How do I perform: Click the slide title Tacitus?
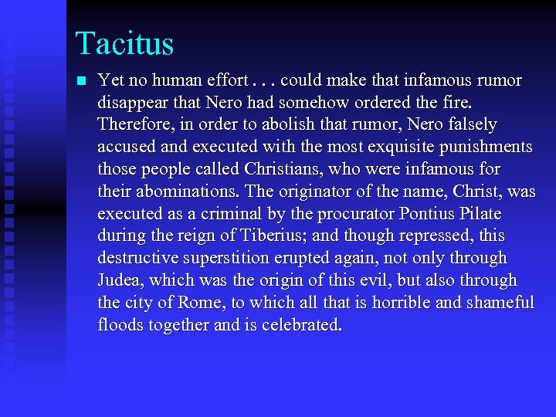124,43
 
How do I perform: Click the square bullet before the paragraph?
82,80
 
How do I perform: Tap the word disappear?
131,103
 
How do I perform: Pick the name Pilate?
484,214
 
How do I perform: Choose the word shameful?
499,303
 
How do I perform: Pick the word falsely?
473,124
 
